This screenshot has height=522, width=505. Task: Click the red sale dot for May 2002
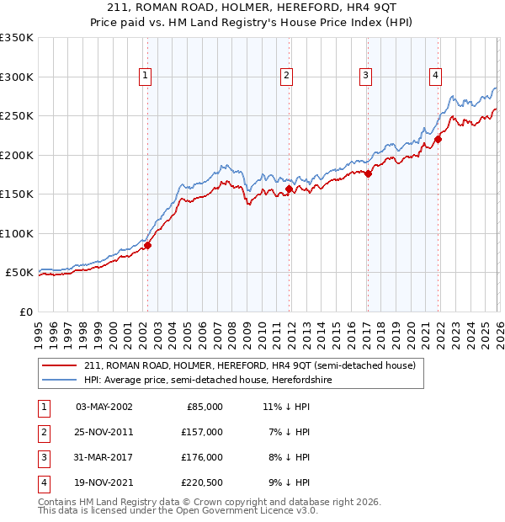[x=147, y=246]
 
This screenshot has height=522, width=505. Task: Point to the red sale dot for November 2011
[x=289, y=189]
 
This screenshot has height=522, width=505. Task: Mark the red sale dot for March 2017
[x=368, y=174]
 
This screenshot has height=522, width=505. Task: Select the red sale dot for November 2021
[x=438, y=140]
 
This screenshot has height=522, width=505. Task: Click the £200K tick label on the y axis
[x=17, y=155]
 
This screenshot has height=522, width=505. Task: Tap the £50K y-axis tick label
[x=19, y=273]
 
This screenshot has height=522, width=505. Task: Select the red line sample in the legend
[x=61, y=366]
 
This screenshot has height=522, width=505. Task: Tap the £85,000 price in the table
[x=203, y=407]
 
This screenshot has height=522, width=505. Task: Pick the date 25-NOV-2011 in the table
[x=104, y=432]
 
